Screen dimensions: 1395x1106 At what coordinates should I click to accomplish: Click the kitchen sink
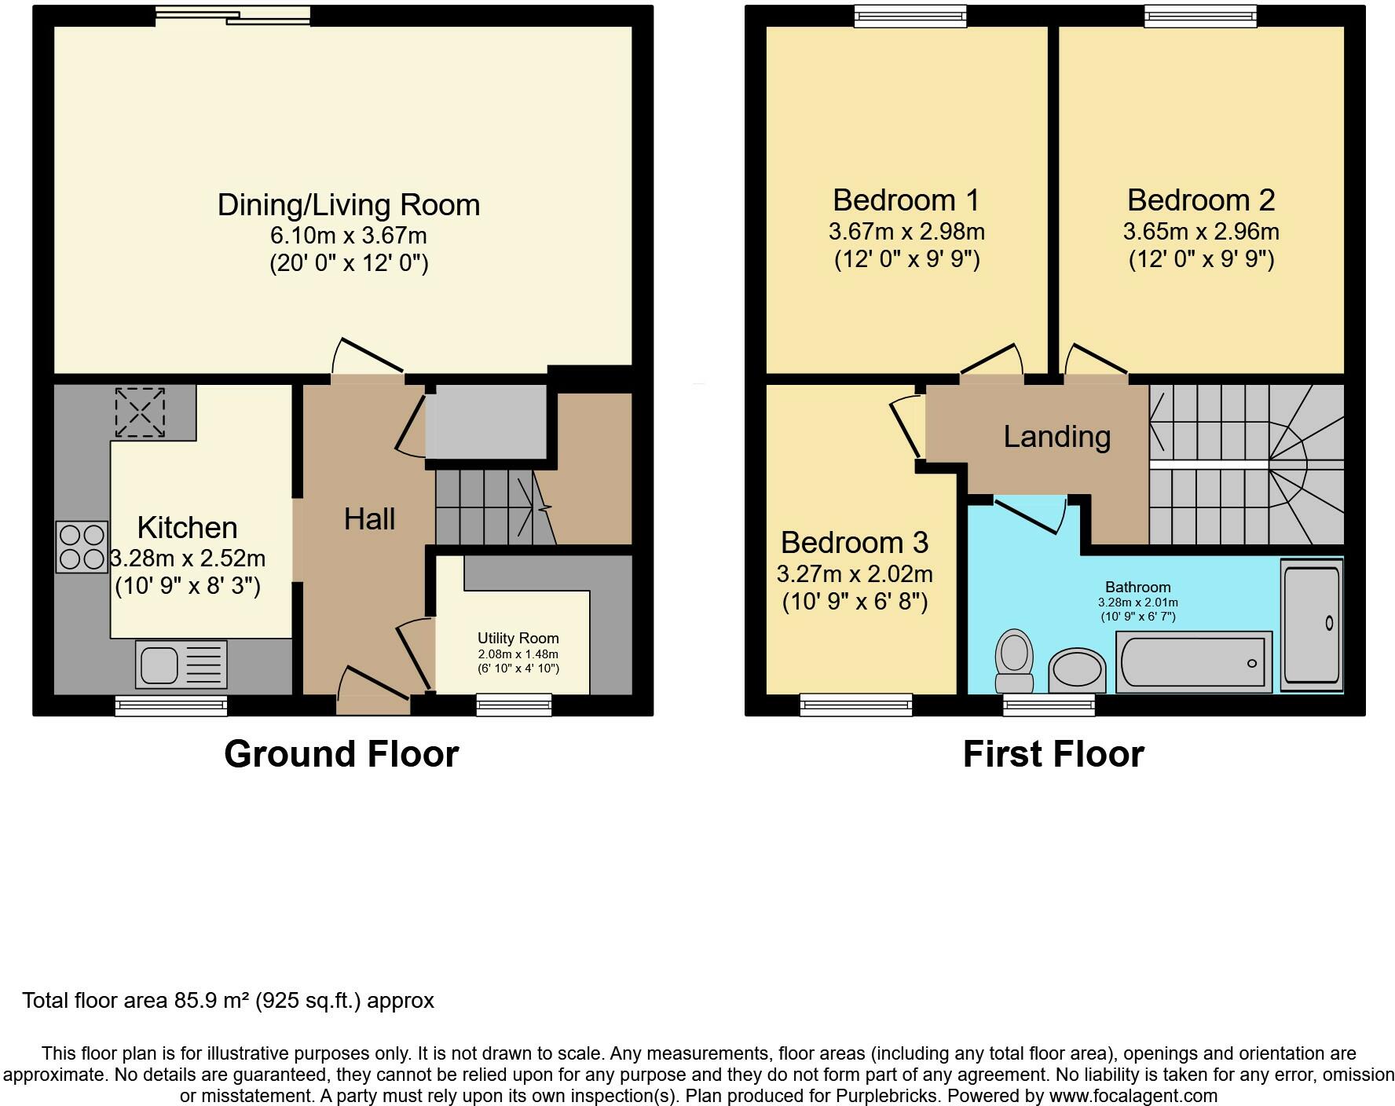click(x=181, y=665)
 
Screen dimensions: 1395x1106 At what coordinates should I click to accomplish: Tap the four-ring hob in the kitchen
click(x=82, y=547)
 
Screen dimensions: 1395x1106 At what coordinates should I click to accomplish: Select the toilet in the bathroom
click(x=1014, y=661)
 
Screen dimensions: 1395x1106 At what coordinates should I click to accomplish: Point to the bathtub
click(x=1193, y=661)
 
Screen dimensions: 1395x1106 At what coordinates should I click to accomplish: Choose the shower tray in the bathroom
click(x=1311, y=624)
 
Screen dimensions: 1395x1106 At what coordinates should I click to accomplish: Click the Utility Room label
click(x=518, y=638)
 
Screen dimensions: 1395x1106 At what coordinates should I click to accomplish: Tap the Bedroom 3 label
click(x=855, y=542)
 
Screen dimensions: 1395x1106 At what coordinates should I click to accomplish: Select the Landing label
click(x=1056, y=437)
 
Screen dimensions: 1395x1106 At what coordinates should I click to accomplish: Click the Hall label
click(x=369, y=518)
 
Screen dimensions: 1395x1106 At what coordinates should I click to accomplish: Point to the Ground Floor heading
click(x=341, y=754)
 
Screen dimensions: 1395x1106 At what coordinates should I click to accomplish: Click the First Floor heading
click(x=1053, y=754)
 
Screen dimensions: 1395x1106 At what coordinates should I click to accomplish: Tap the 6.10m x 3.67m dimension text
click(x=349, y=235)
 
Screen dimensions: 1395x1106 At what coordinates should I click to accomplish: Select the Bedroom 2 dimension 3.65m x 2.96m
click(x=1201, y=232)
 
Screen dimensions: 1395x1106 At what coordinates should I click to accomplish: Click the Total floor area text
click(x=228, y=1001)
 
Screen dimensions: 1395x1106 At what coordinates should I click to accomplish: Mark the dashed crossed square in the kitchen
click(x=141, y=412)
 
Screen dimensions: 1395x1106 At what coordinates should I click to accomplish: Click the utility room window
click(x=514, y=705)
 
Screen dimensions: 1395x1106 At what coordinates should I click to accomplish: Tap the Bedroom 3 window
click(x=856, y=705)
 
